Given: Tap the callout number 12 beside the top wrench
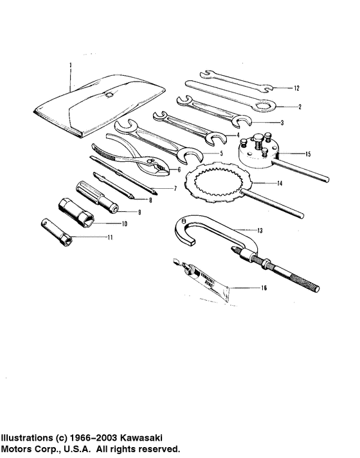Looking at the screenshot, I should (297, 87).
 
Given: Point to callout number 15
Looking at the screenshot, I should (308, 154).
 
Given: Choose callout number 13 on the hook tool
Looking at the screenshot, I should (259, 229).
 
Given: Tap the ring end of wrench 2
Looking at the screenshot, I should (264, 104).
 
